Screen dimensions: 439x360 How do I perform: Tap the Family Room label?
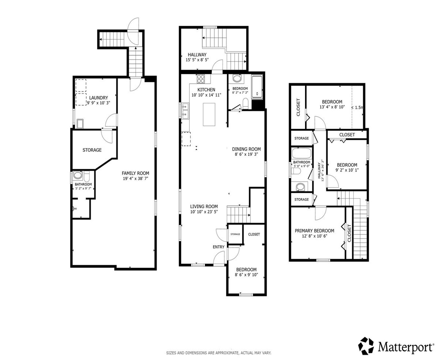click(135, 173)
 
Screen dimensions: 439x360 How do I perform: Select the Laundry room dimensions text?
click(98, 103)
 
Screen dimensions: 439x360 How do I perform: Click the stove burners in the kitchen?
click(201, 79)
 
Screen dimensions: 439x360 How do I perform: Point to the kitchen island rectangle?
click(209, 114)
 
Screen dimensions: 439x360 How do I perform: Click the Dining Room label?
click(246, 149)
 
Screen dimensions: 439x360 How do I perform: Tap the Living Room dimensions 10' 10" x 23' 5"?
click(204, 212)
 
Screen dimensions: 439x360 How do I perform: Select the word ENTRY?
click(218, 247)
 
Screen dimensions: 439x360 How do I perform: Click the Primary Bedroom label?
click(315, 231)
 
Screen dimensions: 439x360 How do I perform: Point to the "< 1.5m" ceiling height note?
click(357, 108)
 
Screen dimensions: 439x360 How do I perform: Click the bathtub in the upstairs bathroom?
click(301, 154)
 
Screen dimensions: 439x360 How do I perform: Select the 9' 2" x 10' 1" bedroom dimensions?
click(347, 170)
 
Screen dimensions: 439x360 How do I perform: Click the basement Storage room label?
click(92, 150)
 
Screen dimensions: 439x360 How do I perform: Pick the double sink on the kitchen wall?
click(185, 111)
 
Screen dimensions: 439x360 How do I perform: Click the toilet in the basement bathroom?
click(87, 177)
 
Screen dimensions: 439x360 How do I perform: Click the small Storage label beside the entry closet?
click(235, 234)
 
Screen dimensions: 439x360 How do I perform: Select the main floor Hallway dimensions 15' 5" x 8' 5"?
click(197, 60)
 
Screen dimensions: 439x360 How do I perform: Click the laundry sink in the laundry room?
click(80, 123)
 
